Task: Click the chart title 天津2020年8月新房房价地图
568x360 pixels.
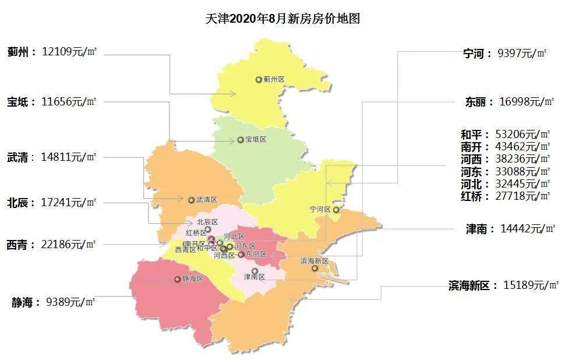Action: tap(283, 19)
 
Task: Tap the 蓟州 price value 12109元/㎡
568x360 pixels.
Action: tap(69, 52)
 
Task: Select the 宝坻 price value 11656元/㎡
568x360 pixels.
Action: tap(69, 102)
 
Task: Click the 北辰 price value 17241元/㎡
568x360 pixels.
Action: tap(69, 203)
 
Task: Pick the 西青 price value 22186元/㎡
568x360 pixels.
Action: tap(69, 244)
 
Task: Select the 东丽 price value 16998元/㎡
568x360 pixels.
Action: tap(526, 102)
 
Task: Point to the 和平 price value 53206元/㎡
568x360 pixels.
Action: tap(522, 135)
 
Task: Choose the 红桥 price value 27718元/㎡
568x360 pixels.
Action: tap(522, 196)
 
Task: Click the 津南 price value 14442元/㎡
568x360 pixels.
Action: tap(527, 229)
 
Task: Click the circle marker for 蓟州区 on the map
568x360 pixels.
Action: tap(259, 79)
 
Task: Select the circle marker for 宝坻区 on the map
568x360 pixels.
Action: tap(240, 140)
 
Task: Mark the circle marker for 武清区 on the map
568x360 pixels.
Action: tap(191, 200)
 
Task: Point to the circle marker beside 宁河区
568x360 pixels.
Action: tap(336, 210)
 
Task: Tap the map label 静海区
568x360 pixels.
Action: tap(192, 279)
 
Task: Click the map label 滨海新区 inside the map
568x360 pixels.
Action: tap(315, 261)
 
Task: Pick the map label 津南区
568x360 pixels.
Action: tap(255, 277)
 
